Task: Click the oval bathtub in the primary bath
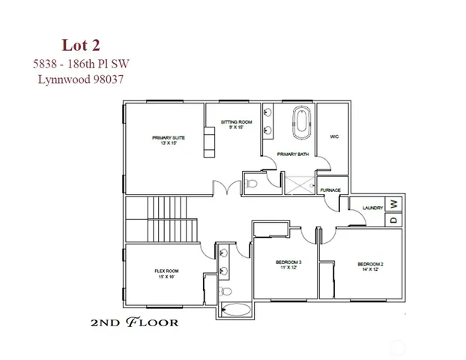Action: pos(301,123)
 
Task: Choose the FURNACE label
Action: pos(330,190)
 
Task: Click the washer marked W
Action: pos(394,204)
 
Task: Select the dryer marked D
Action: pos(394,220)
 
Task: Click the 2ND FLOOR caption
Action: pos(133,323)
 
